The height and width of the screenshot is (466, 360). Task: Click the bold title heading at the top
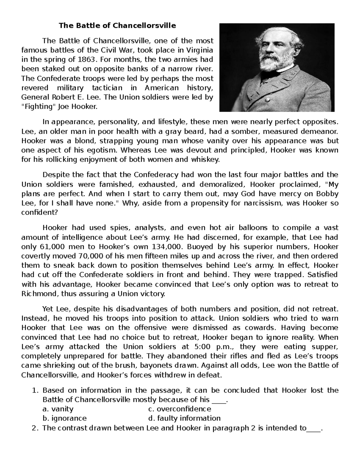(117, 26)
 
